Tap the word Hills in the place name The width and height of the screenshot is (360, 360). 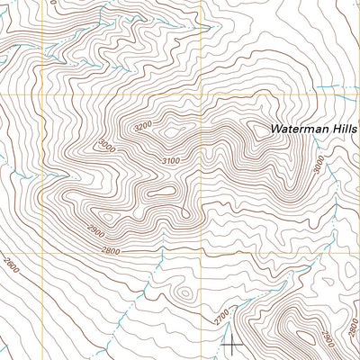[x=345, y=130]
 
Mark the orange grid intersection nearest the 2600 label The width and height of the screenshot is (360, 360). [x=41, y=251]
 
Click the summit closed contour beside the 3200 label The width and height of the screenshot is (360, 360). [x=167, y=133]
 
